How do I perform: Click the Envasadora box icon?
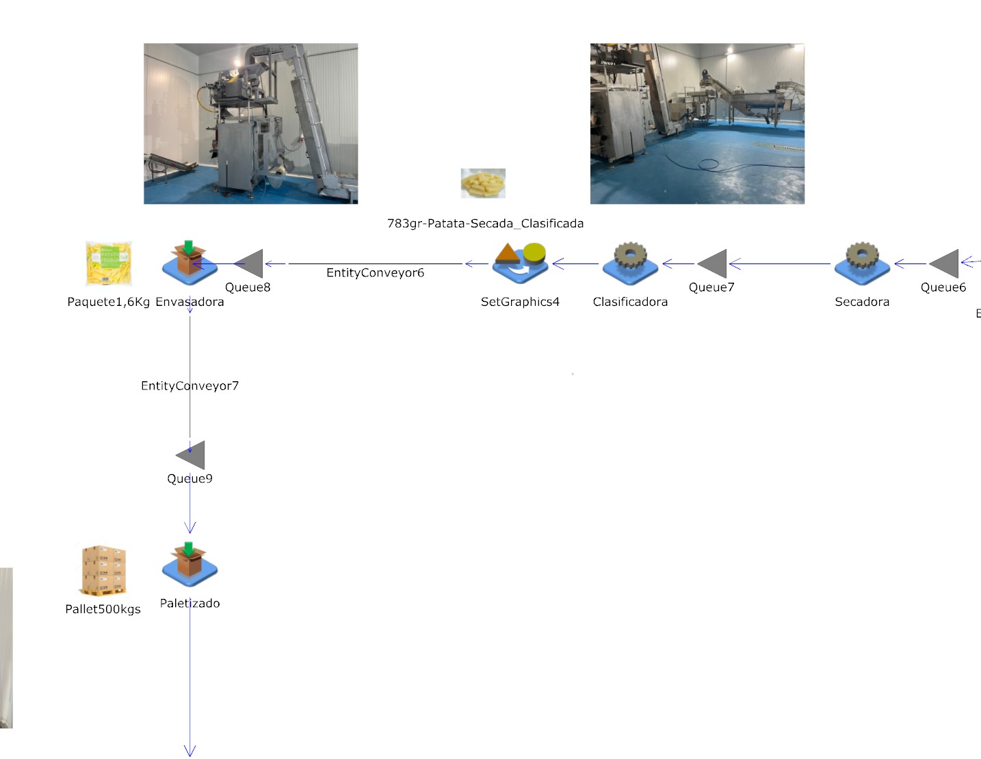[189, 263]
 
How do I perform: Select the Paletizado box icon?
[189, 565]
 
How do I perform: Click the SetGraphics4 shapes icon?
[521, 263]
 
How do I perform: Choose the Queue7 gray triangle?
[714, 263]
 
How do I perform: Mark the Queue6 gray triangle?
[945, 263]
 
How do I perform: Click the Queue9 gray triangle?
[192, 455]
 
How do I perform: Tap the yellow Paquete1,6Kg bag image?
[109, 263]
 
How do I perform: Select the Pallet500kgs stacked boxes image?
[103, 570]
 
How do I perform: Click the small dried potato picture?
[483, 183]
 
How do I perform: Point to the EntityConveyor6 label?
[375, 273]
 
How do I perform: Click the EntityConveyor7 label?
[189, 386]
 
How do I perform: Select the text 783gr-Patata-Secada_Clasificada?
[485, 224]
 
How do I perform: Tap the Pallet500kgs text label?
[103, 609]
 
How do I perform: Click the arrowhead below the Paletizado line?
[190, 750]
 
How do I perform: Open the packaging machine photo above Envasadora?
[250, 124]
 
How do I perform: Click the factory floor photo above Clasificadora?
[697, 124]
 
